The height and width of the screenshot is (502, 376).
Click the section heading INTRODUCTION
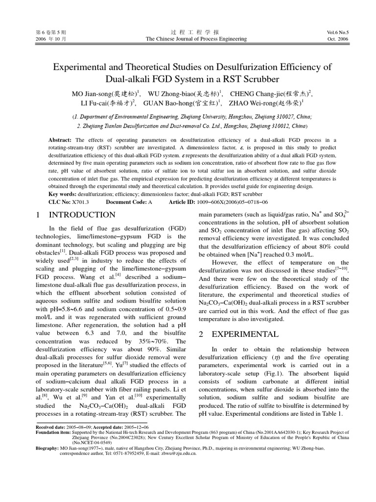(82, 215)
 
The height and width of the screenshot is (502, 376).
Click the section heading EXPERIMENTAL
(244, 334)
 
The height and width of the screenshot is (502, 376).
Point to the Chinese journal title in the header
(188, 32)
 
